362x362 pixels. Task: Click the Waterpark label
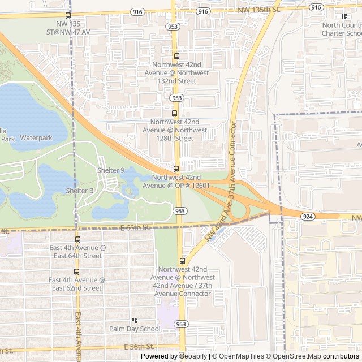click(x=36, y=137)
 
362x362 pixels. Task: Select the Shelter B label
click(x=80, y=191)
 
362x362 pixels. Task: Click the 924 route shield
click(x=307, y=216)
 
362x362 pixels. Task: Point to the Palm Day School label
click(x=135, y=329)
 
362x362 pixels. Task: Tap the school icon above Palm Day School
click(x=135, y=320)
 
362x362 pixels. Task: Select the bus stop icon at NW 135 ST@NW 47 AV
click(x=68, y=16)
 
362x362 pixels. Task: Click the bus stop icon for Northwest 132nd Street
click(x=176, y=56)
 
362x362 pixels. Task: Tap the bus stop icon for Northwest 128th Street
click(x=175, y=113)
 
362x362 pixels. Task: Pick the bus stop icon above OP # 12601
click(x=176, y=169)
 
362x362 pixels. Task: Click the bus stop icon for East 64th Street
click(x=77, y=240)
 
